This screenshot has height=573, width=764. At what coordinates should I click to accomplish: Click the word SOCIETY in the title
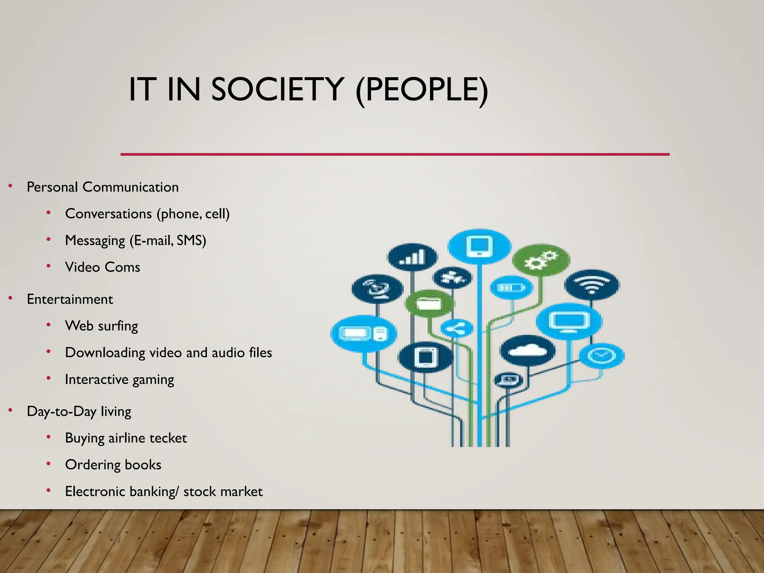tap(277, 90)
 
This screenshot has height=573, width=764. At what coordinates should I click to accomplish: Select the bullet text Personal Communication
tap(103, 187)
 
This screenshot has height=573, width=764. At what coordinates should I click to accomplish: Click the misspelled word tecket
tap(168, 438)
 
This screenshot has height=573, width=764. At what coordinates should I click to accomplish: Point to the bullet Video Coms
tap(103, 267)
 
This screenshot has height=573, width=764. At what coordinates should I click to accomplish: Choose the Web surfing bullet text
tap(101, 326)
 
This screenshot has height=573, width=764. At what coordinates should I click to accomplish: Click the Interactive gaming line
tap(119, 379)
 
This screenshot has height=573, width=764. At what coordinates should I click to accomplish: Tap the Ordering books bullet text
tap(113, 465)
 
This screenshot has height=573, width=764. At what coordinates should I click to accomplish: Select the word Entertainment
tap(70, 299)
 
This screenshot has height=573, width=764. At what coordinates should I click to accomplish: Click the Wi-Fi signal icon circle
tap(592, 285)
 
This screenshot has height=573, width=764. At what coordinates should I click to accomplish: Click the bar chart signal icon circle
tap(412, 257)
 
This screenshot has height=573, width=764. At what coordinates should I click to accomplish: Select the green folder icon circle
tap(430, 304)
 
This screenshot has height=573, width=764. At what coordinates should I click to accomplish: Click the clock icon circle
tap(602, 355)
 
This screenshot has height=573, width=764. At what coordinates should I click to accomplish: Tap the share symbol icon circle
tap(457, 329)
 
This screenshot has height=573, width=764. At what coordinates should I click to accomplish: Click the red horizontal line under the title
tap(395, 154)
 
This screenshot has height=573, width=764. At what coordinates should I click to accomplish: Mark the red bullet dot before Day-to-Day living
tap(11, 411)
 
